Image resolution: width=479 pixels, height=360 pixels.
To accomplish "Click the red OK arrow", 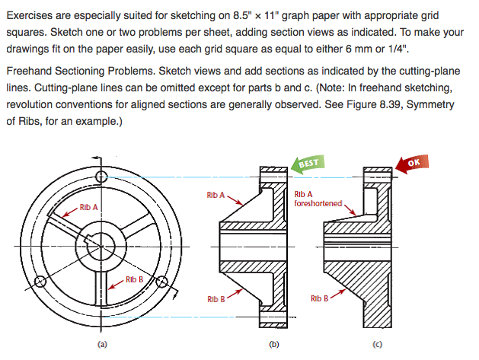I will click(409, 164).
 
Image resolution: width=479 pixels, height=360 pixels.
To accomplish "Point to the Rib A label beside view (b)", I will click(216, 196).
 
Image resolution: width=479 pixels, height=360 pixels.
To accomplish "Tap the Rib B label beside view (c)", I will click(320, 299).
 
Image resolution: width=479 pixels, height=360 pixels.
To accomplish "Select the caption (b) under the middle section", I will click(275, 344).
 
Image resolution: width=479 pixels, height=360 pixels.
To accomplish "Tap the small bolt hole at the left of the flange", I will click(41, 282).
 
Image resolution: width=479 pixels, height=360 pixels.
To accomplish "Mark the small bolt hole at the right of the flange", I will click(161, 282).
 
